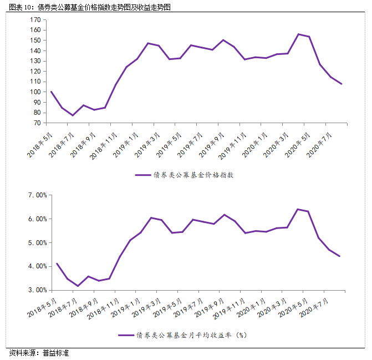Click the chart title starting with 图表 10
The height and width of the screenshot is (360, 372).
click(88, 7)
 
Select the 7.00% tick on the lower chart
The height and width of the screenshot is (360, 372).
click(34, 195)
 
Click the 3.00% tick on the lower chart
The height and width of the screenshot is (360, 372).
click(34, 290)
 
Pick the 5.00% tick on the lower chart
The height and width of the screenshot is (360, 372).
click(34, 242)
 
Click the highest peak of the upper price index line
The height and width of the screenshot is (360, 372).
click(299, 34)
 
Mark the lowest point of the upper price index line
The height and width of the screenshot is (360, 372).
click(73, 115)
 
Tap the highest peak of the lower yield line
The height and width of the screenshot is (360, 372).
click(298, 209)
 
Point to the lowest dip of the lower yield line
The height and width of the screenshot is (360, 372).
click(78, 286)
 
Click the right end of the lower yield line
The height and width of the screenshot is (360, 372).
click(340, 256)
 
